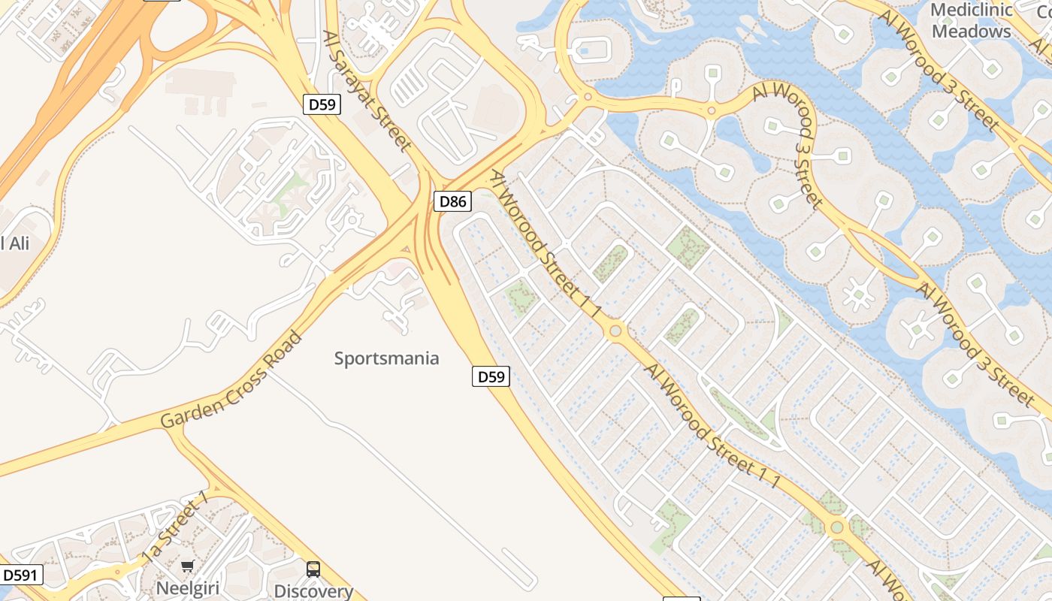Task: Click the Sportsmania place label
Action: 386,358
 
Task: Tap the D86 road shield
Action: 453,201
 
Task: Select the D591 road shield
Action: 20,575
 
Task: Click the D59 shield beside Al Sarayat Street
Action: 322,104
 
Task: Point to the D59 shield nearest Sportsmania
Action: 491,376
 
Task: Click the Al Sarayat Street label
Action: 367,90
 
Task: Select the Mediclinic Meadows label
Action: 971,21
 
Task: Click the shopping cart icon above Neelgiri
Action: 187,566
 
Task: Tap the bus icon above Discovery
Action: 313,569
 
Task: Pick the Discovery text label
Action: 313,591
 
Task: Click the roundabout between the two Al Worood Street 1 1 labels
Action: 616,330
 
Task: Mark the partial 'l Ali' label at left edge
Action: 15,243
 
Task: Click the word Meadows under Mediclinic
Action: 971,32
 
